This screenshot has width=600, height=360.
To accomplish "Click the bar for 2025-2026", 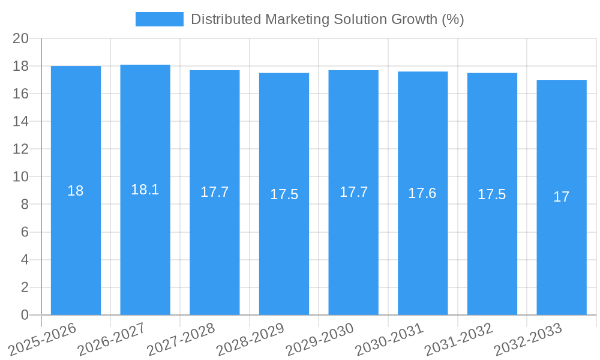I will [x=76, y=240].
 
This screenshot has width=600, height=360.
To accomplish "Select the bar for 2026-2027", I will [x=145, y=240].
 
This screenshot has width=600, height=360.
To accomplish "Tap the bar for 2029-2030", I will [x=353, y=240].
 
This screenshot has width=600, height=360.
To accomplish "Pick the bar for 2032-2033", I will [x=562, y=240].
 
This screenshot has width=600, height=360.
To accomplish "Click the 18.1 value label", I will [x=145, y=190].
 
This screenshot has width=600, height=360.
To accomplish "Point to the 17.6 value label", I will [x=422, y=193].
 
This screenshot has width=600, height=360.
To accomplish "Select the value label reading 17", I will [x=562, y=197].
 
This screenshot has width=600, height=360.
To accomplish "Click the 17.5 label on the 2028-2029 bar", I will [x=284, y=194].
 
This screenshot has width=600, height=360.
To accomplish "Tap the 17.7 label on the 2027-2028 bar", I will [x=214, y=192].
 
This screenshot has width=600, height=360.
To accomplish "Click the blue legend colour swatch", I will [x=160, y=19].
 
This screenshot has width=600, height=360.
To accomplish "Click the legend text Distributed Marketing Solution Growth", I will [x=327, y=19].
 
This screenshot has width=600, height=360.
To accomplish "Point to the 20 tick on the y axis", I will [x=21, y=38].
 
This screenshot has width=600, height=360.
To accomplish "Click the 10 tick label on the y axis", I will [x=21, y=176].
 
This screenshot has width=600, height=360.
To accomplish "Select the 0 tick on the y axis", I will [x=25, y=315].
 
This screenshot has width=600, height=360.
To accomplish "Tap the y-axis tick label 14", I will [x=21, y=121].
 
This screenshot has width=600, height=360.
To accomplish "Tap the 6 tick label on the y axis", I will [x=25, y=232].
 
